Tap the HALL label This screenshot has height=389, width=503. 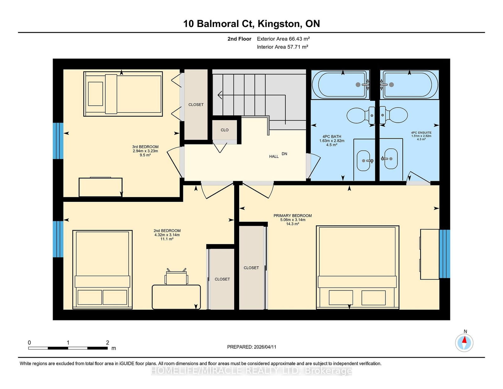tap(274, 157)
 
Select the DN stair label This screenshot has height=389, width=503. tap(284, 154)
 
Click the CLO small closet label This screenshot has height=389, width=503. tap(224, 130)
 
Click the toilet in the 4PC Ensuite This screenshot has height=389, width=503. tap(394, 115)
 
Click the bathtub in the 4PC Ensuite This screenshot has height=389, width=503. tap(409, 85)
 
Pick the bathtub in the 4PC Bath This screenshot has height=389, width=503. tap(340, 85)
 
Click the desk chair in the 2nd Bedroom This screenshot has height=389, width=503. tap(176, 277)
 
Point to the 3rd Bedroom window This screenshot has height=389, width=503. tap(58, 141)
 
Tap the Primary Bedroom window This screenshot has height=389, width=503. tap(445, 254)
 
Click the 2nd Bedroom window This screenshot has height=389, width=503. tap(58, 239)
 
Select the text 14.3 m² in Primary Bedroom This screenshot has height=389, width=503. tap(293, 224)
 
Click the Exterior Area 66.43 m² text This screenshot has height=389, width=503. tap(283, 39)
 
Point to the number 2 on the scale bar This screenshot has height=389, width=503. tap(108, 342)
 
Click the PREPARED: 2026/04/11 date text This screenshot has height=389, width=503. tap(251, 347)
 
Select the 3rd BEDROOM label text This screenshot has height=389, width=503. tap(145, 147)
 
